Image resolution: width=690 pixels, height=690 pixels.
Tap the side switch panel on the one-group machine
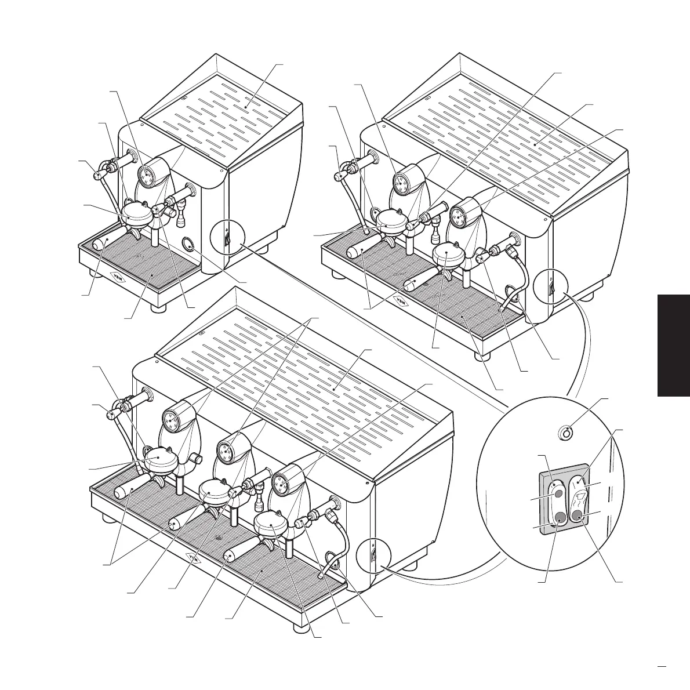[227, 238]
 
